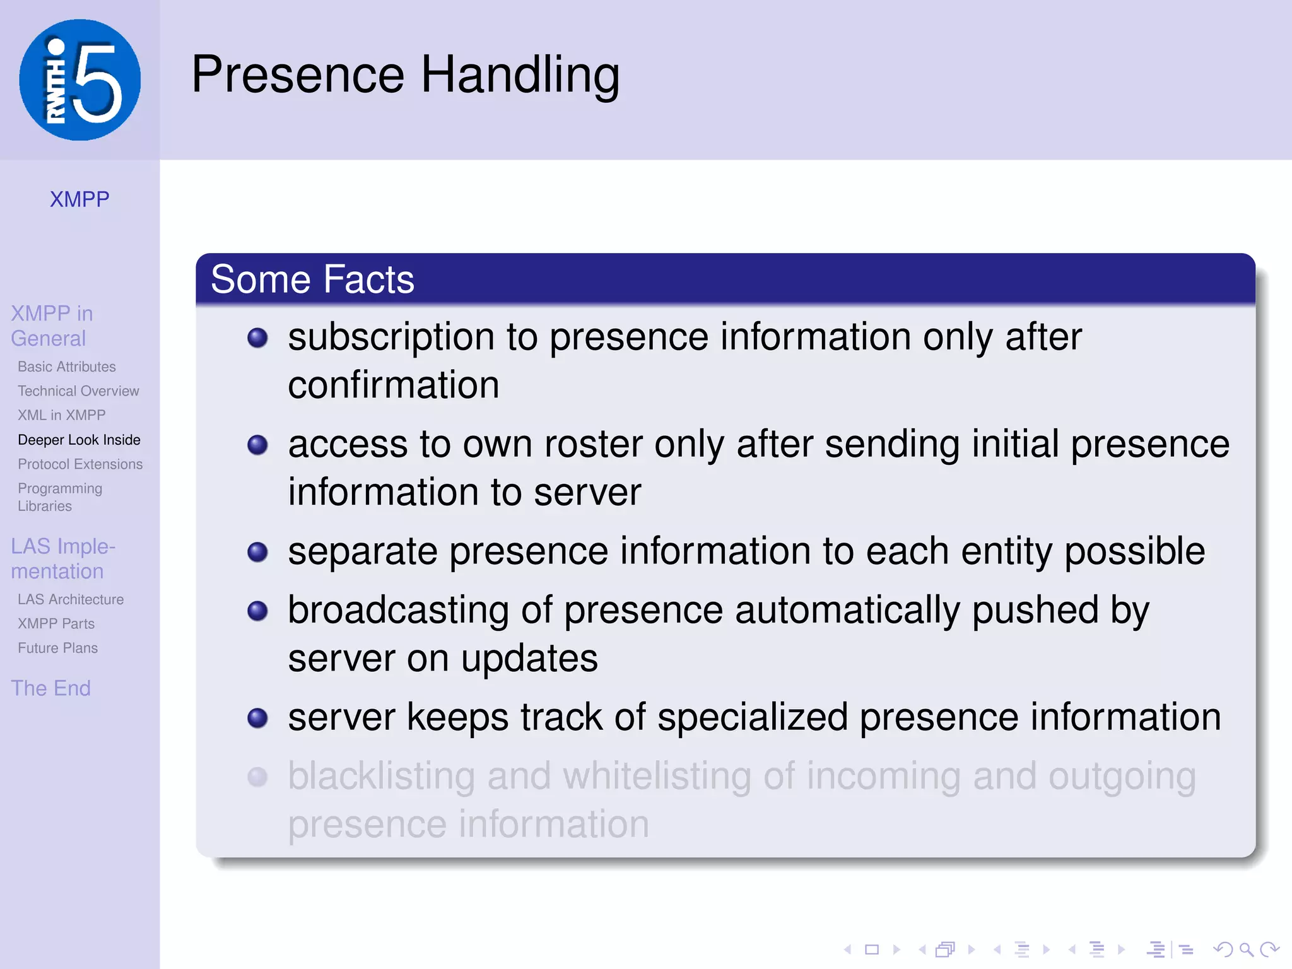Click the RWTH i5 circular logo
(79, 80)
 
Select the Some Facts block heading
(312, 279)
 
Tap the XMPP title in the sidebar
(79, 199)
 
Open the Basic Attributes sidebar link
(67, 367)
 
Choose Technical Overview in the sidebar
(78, 391)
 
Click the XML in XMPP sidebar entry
(62, 415)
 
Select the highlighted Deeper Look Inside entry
(79, 440)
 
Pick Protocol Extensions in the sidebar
(80, 464)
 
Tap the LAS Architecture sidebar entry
(71, 599)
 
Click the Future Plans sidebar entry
(57, 648)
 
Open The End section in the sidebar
(50, 688)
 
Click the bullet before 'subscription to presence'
(257, 338)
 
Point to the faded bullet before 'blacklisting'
(257, 777)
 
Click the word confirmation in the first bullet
(393, 385)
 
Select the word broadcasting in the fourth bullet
(398, 611)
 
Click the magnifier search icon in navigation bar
(1245, 949)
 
